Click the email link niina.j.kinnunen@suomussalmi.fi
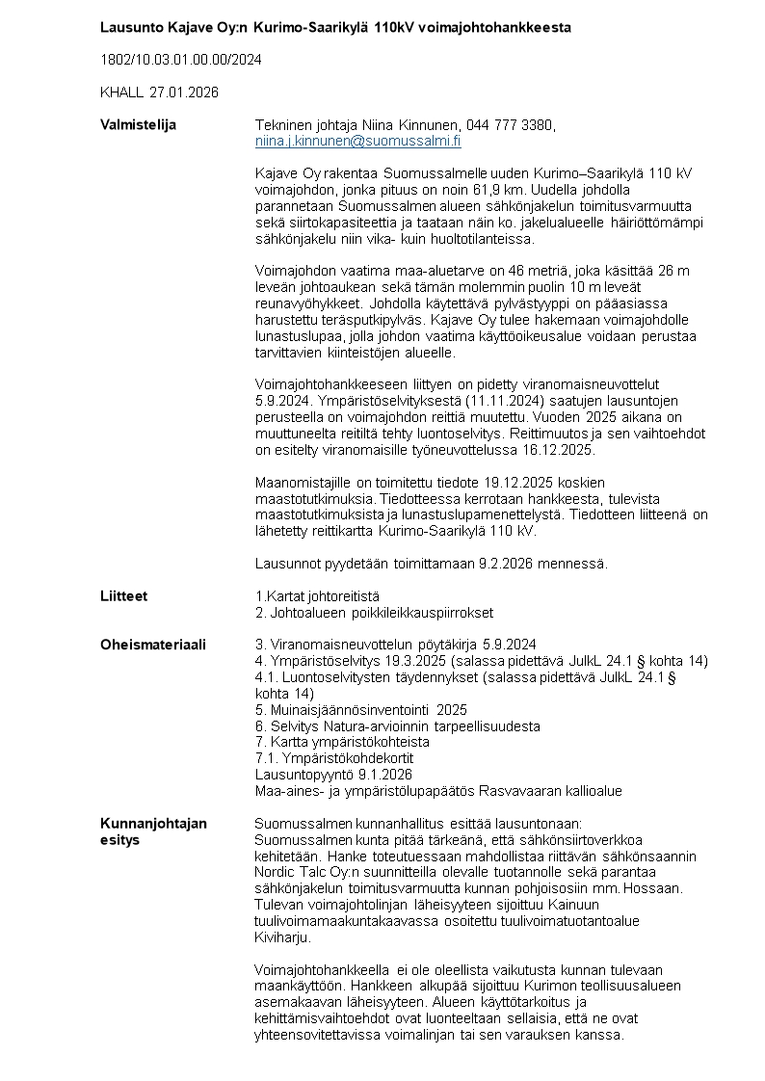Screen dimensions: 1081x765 tap(357, 141)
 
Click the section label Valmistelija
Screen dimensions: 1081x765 tap(139, 125)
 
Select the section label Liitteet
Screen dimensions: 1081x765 tap(124, 596)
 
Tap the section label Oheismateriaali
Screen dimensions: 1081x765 tap(153, 645)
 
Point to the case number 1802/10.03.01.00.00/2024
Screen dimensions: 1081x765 tap(181, 60)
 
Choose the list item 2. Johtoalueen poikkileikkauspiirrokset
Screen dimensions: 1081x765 tap(374, 612)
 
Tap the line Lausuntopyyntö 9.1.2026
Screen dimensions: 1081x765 tap(333, 775)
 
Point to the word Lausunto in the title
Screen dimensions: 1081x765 tap(130, 27)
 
